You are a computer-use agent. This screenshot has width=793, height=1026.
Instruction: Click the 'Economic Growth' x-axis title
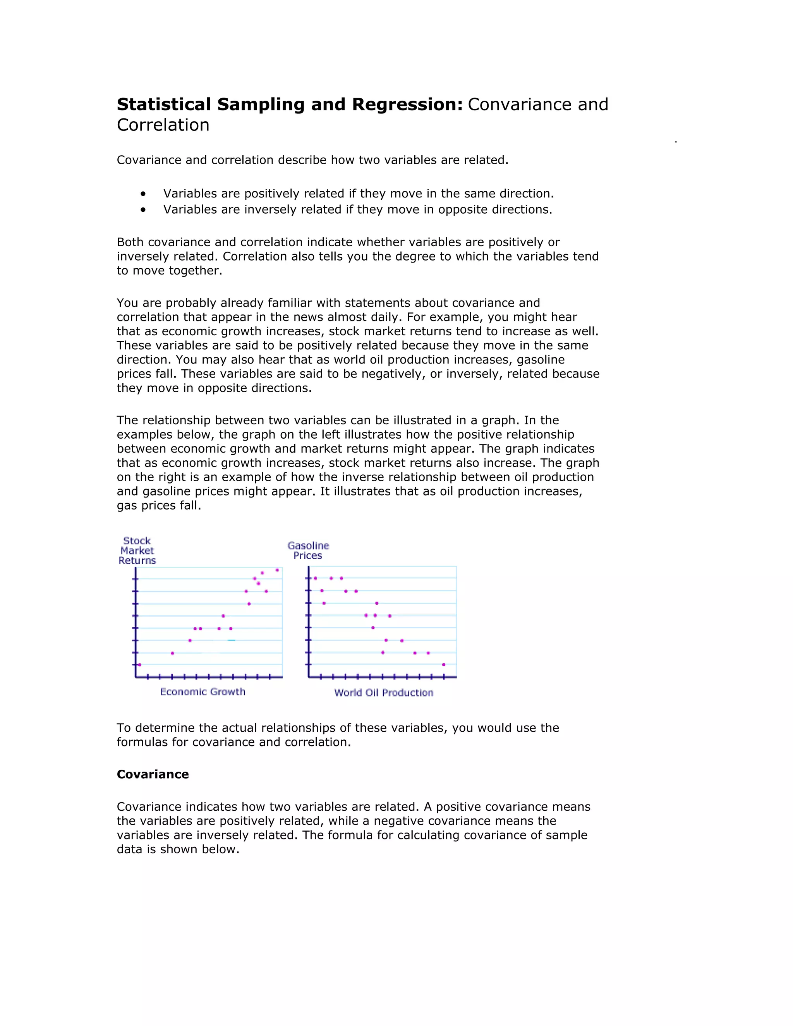203,691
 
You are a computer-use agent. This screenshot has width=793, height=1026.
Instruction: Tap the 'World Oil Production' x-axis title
383,693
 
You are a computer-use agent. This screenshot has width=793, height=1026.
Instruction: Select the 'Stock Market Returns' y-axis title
137,551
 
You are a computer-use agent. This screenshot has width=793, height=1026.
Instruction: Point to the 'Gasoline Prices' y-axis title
308,551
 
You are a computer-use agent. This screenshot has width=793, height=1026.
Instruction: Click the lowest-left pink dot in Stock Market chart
139,665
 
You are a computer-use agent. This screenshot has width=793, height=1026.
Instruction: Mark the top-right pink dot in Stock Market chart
277,570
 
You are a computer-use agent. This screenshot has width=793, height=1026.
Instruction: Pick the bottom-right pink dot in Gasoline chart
443,665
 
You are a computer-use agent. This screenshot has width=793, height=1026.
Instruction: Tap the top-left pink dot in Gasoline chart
315,578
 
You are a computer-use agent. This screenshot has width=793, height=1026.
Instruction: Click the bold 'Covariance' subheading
153,774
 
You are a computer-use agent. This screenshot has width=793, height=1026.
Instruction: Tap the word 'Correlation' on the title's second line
163,125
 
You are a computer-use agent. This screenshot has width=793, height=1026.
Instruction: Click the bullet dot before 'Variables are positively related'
143,194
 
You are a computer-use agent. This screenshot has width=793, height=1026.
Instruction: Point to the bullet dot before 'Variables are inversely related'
143,209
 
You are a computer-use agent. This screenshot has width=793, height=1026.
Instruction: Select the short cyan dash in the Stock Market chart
231,640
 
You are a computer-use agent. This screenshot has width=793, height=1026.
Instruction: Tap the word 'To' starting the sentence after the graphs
124,728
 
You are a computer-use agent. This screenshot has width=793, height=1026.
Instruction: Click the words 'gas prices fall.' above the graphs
159,506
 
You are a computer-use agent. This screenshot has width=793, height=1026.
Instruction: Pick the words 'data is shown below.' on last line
178,849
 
